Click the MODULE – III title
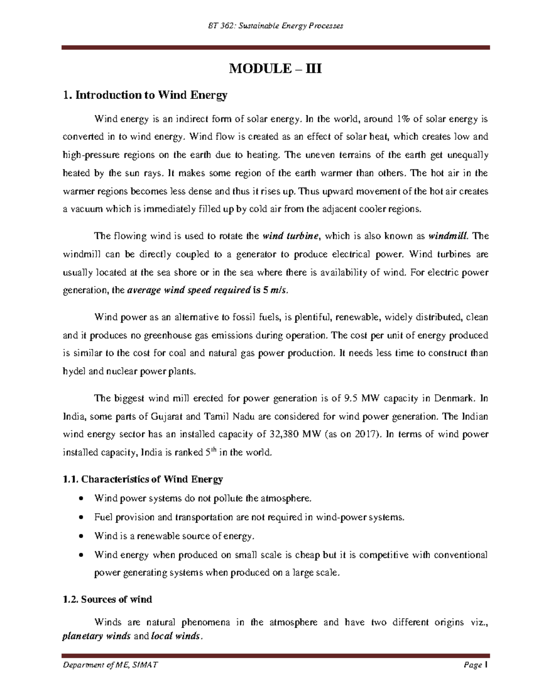click(275, 69)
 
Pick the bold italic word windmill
click(449, 236)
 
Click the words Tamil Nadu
click(229, 417)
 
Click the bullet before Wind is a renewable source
click(81, 536)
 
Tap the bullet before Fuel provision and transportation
click(81, 518)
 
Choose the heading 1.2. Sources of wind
click(107, 599)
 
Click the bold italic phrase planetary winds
click(96, 636)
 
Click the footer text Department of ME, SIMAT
click(110, 665)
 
